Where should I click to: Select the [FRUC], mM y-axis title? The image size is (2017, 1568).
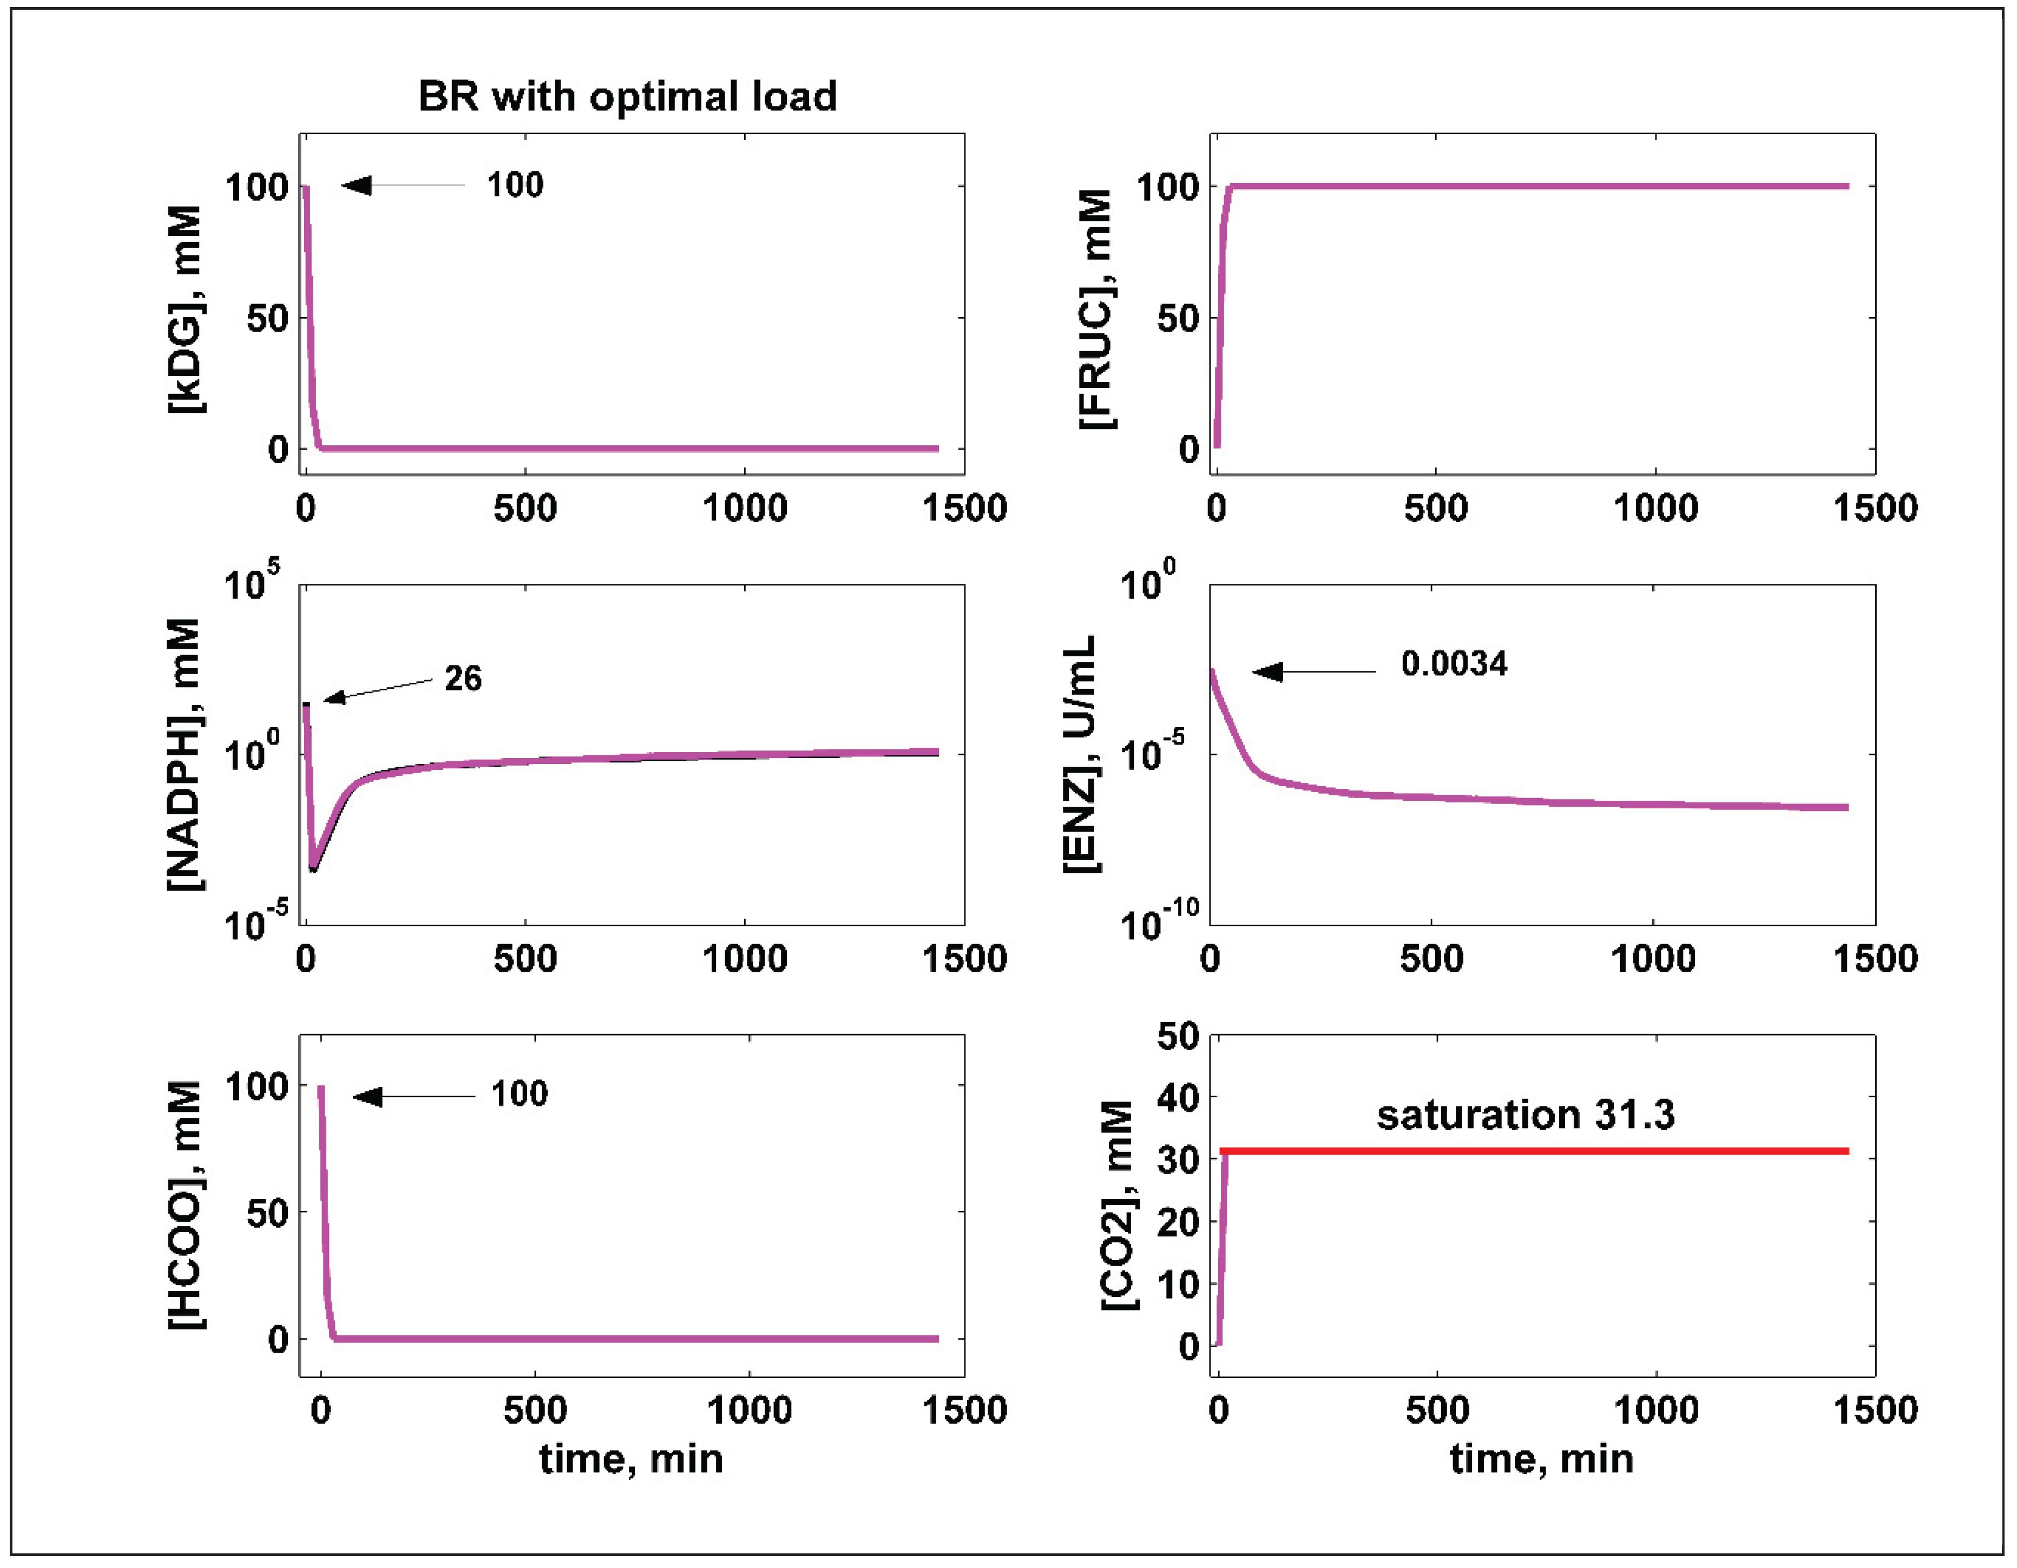1096,309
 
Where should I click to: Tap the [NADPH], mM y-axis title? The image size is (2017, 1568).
185,754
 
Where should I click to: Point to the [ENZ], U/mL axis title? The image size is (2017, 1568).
1081,754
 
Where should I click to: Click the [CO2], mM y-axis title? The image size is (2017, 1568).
1119,1205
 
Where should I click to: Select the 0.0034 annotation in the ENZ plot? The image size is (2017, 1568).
1454,664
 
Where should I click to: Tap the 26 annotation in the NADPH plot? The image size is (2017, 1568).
463,678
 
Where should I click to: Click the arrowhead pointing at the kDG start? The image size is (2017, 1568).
357,186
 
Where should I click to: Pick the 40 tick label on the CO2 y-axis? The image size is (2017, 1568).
1178,1097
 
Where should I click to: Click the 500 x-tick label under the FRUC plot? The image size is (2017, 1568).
1436,509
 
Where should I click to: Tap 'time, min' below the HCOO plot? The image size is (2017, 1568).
631,1459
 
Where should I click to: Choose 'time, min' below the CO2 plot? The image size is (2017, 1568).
1541,1459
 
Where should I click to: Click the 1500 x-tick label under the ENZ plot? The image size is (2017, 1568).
1875,959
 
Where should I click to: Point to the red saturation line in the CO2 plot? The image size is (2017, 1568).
1533,1151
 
